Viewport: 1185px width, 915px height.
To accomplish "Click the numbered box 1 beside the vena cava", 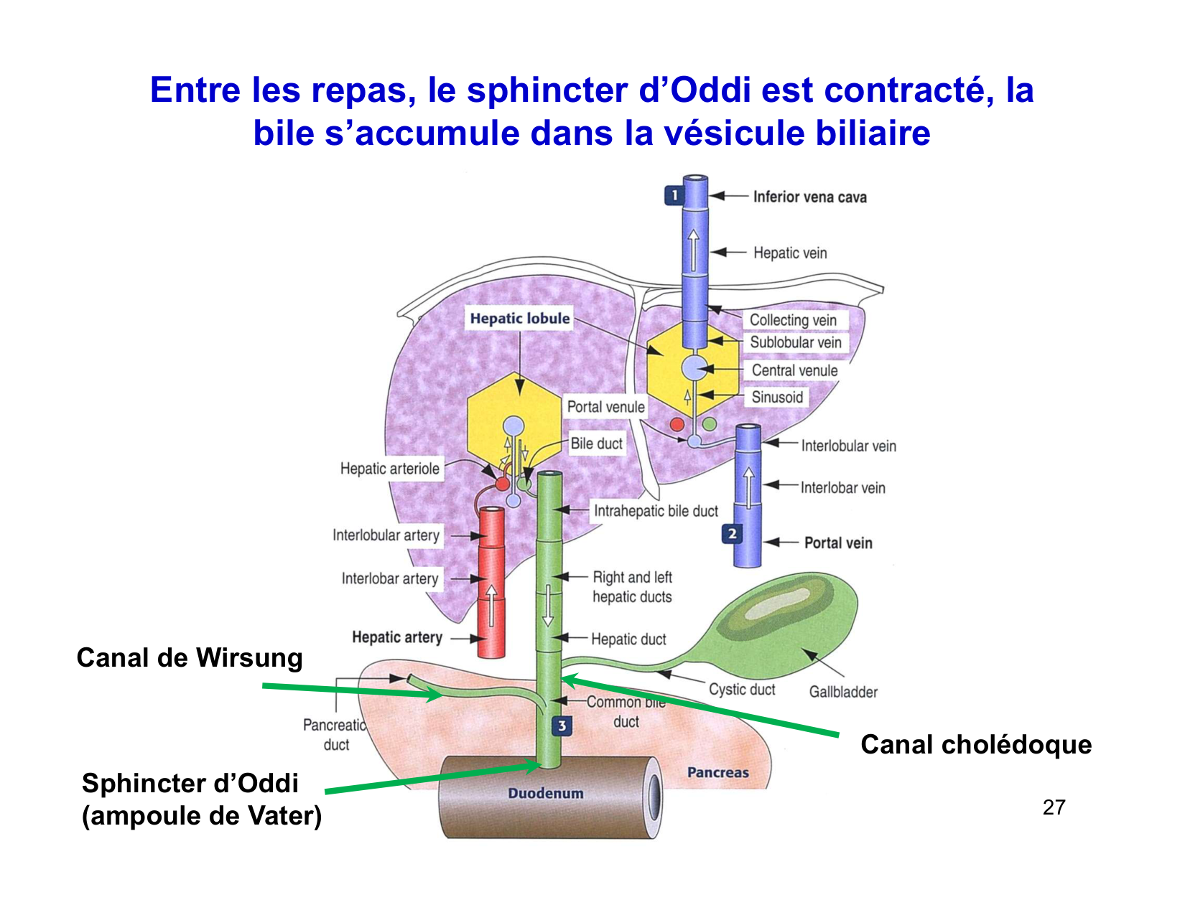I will click(x=674, y=195).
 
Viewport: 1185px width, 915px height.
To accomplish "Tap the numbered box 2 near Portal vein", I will click(x=732, y=534).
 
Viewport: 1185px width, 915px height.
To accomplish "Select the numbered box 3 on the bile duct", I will click(x=562, y=726).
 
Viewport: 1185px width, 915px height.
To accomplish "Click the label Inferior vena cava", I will click(x=809, y=197).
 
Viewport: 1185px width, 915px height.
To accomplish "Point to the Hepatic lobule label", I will click(x=520, y=319).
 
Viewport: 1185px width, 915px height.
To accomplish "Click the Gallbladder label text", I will click(x=843, y=692).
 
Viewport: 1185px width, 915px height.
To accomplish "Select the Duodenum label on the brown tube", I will click(x=546, y=794).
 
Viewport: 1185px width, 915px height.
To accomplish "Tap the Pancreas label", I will click(x=717, y=773).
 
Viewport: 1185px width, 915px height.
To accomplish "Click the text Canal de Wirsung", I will click(x=190, y=658).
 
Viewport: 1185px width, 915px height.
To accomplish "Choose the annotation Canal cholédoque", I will click(x=976, y=745).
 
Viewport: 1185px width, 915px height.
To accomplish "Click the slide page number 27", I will click(x=1054, y=808).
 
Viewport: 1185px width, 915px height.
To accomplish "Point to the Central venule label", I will click(x=794, y=371).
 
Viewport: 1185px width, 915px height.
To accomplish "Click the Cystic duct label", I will click(x=742, y=690).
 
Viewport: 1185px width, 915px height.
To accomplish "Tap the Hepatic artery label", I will click(x=397, y=637).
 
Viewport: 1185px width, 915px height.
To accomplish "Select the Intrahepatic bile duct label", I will click(x=656, y=511).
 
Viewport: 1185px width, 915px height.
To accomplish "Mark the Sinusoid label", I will click(x=777, y=398).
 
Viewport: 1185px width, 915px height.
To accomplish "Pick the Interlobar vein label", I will click(x=842, y=488).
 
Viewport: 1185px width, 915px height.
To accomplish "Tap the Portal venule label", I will click(x=606, y=407).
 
